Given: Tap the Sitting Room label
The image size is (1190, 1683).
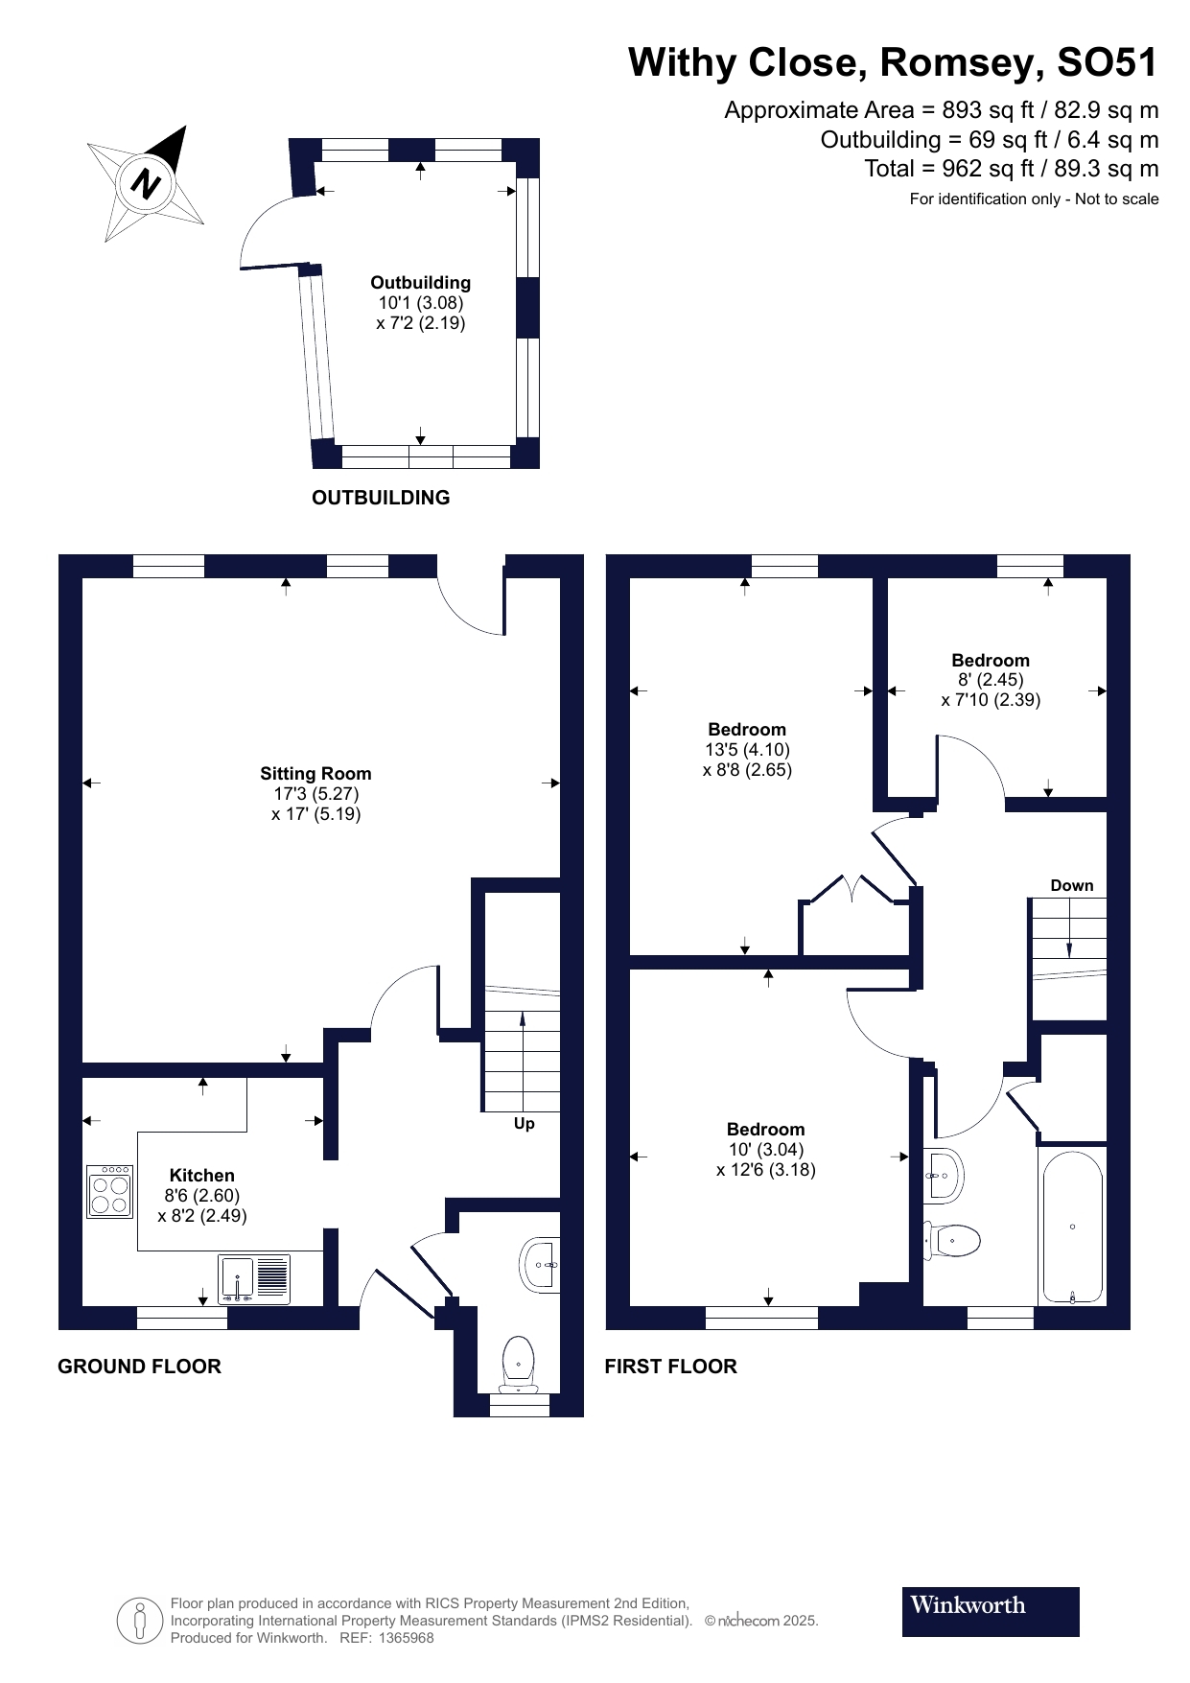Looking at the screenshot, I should point(315,774).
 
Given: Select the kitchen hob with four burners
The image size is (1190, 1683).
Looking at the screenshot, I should point(109,1192).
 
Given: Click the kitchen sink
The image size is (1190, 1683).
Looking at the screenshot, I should point(254,1280).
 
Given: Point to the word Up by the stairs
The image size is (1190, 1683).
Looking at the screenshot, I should point(524,1123).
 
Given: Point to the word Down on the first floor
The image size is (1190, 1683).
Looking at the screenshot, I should point(1071,885).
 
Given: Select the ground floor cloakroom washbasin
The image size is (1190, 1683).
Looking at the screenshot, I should point(540,1265).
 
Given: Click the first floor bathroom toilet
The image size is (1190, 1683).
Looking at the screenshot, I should point(954,1240).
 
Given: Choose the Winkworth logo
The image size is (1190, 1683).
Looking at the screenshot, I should point(990,1611).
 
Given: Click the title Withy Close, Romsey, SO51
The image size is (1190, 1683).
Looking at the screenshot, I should point(892,62).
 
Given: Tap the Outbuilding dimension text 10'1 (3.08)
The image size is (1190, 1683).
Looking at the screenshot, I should point(420,303).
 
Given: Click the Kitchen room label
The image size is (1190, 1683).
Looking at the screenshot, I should point(201,1175).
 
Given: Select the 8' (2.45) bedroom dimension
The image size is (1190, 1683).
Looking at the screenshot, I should point(991,680).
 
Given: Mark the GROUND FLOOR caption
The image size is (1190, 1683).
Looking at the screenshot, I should point(139,1367).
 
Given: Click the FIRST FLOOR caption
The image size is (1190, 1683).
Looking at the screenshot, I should point(670,1367).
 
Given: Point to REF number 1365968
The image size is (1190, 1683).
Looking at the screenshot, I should point(407,1638).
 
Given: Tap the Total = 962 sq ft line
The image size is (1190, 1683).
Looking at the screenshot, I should point(1011,169).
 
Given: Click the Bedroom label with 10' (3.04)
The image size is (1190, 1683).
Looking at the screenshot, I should point(765,1130).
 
